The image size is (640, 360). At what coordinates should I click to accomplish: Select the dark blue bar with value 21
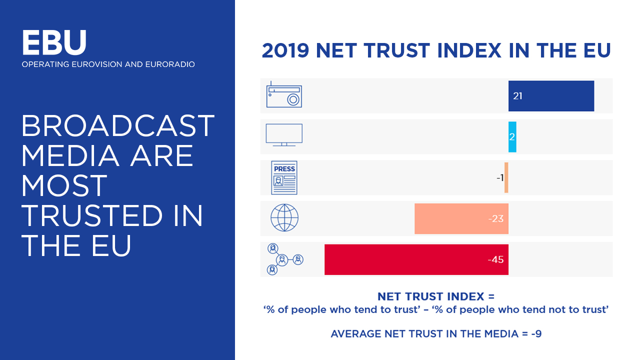tap(551, 95)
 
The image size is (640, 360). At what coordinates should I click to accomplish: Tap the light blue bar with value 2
tap(512, 136)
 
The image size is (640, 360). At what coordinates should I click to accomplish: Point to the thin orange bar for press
tap(506, 177)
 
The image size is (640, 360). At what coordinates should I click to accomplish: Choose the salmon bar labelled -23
tap(461, 218)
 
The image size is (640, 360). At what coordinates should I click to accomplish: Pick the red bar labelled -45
tap(416, 259)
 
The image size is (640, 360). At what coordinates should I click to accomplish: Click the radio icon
tap(284, 95)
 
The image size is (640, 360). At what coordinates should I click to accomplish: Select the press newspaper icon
tap(284, 177)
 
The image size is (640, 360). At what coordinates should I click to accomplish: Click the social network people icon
tap(284, 259)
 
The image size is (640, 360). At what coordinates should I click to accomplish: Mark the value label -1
tap(499, 177)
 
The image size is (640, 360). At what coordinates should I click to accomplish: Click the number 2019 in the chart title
tap(286, 50)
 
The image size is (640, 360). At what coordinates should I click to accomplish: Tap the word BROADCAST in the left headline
tap(118, 126)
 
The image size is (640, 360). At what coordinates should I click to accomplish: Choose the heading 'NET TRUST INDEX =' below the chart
tap(435, 297)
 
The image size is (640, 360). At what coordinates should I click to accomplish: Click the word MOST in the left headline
tap(64, 186)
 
